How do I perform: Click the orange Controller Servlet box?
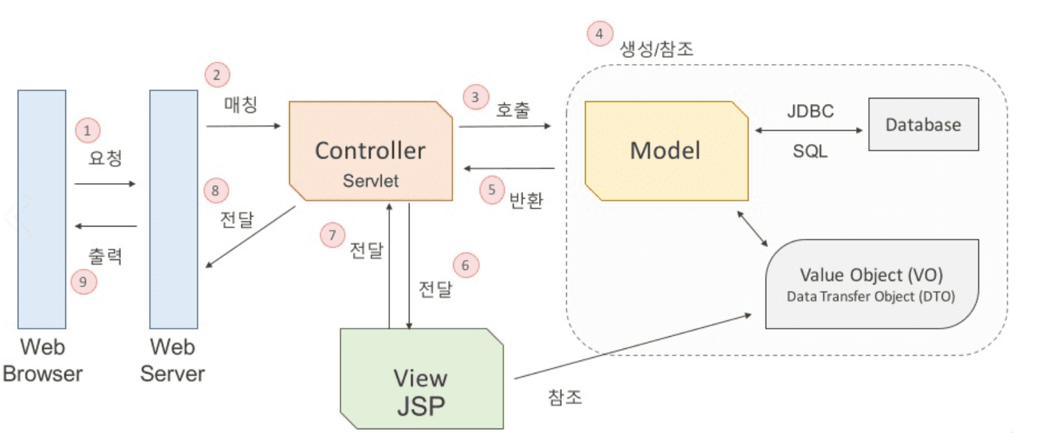click(x=371, y=150)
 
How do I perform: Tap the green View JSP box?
click(x=421, y=378)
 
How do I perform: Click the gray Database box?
click(x=923, y=125)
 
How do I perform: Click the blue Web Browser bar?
click(x=42, y=209)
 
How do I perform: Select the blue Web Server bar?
click(x=174, y=209)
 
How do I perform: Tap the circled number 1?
click(x=87, y=130)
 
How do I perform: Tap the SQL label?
click(x=810, y=152)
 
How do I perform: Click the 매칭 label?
click(x=241, y=105)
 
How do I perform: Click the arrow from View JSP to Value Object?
click(x=633, y=346)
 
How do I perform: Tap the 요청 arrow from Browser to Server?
click(x=105, y=184)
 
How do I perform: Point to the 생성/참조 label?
click(x=657, y=49)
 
